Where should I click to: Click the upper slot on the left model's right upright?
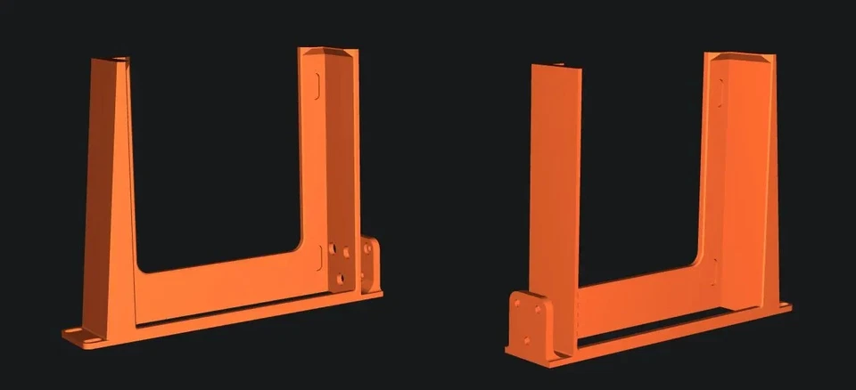[x=317, y=85]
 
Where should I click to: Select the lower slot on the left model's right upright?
[x=319, y=256]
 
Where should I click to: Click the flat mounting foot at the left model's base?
[x=82, y=335]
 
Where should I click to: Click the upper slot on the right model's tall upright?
[x=721, y=90]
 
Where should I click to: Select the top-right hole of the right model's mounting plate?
[x=539, y=310]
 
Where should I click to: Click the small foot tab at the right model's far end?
[x=784, y=307]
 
